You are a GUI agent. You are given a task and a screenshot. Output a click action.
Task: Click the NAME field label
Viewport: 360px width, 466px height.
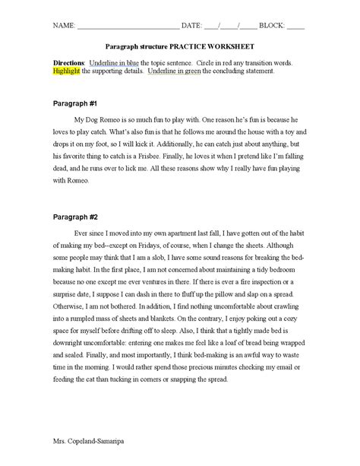coord(64,25)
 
